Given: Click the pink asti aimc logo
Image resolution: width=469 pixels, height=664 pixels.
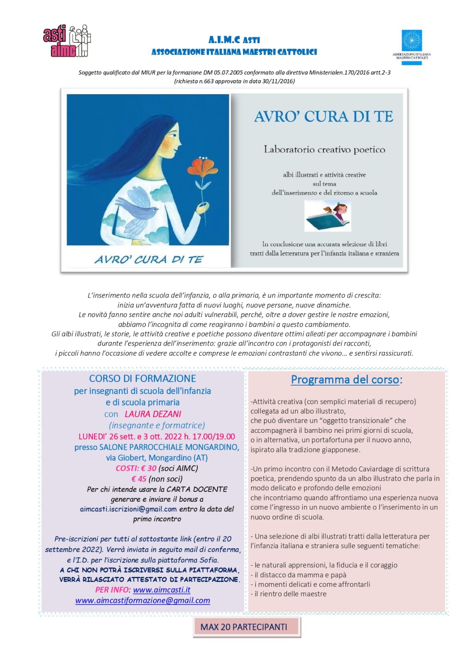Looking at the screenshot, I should pos(66,41).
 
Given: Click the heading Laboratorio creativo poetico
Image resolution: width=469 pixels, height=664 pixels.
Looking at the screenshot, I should pos(324,149).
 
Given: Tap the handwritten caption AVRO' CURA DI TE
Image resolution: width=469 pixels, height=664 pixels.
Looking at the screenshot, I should pos(148,259).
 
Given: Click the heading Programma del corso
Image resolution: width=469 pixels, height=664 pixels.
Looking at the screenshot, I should pos(346,379).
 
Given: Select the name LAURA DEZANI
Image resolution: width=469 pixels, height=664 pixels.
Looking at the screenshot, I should pos(153,414).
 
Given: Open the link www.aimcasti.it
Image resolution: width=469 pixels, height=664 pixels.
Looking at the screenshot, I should pos(162,590).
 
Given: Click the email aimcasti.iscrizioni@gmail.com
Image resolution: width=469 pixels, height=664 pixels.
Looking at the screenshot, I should pos(128,509).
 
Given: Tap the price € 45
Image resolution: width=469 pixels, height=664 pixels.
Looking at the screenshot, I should pos(139,478).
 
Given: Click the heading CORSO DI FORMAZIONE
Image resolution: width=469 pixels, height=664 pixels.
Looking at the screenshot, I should pos(142,378).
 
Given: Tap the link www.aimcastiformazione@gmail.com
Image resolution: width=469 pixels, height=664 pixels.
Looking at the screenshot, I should pos(142,601).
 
